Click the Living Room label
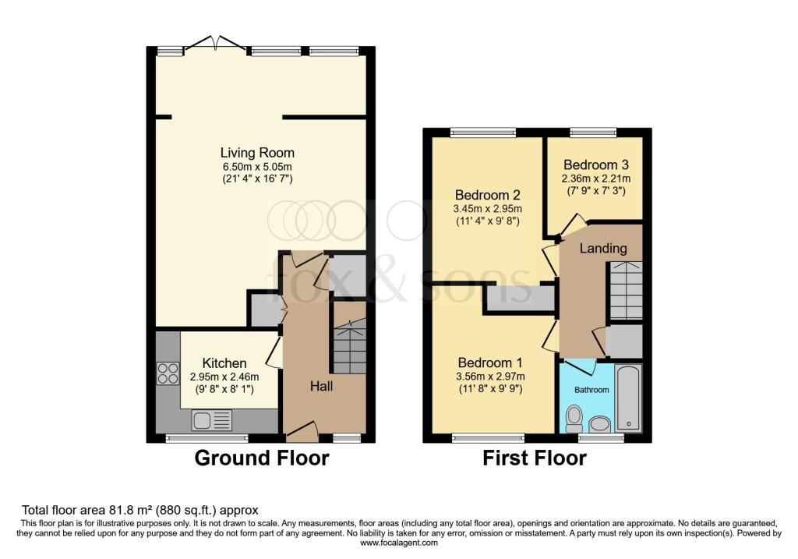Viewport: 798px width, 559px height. click(x=256, y=153)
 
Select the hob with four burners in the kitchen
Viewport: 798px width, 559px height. click(x=168, y=373)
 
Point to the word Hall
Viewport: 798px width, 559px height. click(x=322, y=386)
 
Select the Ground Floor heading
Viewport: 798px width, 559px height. click(x=261, y=458)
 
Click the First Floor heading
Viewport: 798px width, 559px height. click(x=534, y=458)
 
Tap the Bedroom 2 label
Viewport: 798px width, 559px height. click(x=488, y=195)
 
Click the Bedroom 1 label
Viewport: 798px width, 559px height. click(x=489, y=363)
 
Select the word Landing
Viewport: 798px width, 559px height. click(x=604, y=249)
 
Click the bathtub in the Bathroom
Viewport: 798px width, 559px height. click(x=627, y=398)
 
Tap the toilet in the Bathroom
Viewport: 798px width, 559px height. click(x=575, y=417)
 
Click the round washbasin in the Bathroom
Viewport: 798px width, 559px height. click(x=599, y=423)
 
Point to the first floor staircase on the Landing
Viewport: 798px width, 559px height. click(x=625, y=290)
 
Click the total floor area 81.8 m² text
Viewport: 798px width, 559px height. click(x=140, y=510)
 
